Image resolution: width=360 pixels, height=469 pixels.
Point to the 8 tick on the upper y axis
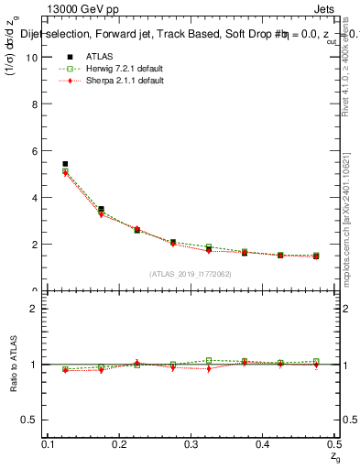[34, 104]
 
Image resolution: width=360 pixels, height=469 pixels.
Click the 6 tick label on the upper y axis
[34, 150]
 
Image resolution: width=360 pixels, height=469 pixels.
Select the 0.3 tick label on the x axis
[191, 444]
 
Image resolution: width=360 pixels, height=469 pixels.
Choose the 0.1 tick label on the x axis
[49, 444]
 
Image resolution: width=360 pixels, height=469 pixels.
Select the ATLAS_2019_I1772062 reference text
[191, 274]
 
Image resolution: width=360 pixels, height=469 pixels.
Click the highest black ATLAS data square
[65, 164]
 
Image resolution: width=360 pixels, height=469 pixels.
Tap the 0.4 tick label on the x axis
[263, 444]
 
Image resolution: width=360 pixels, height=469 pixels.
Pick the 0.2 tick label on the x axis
[120, 444]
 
